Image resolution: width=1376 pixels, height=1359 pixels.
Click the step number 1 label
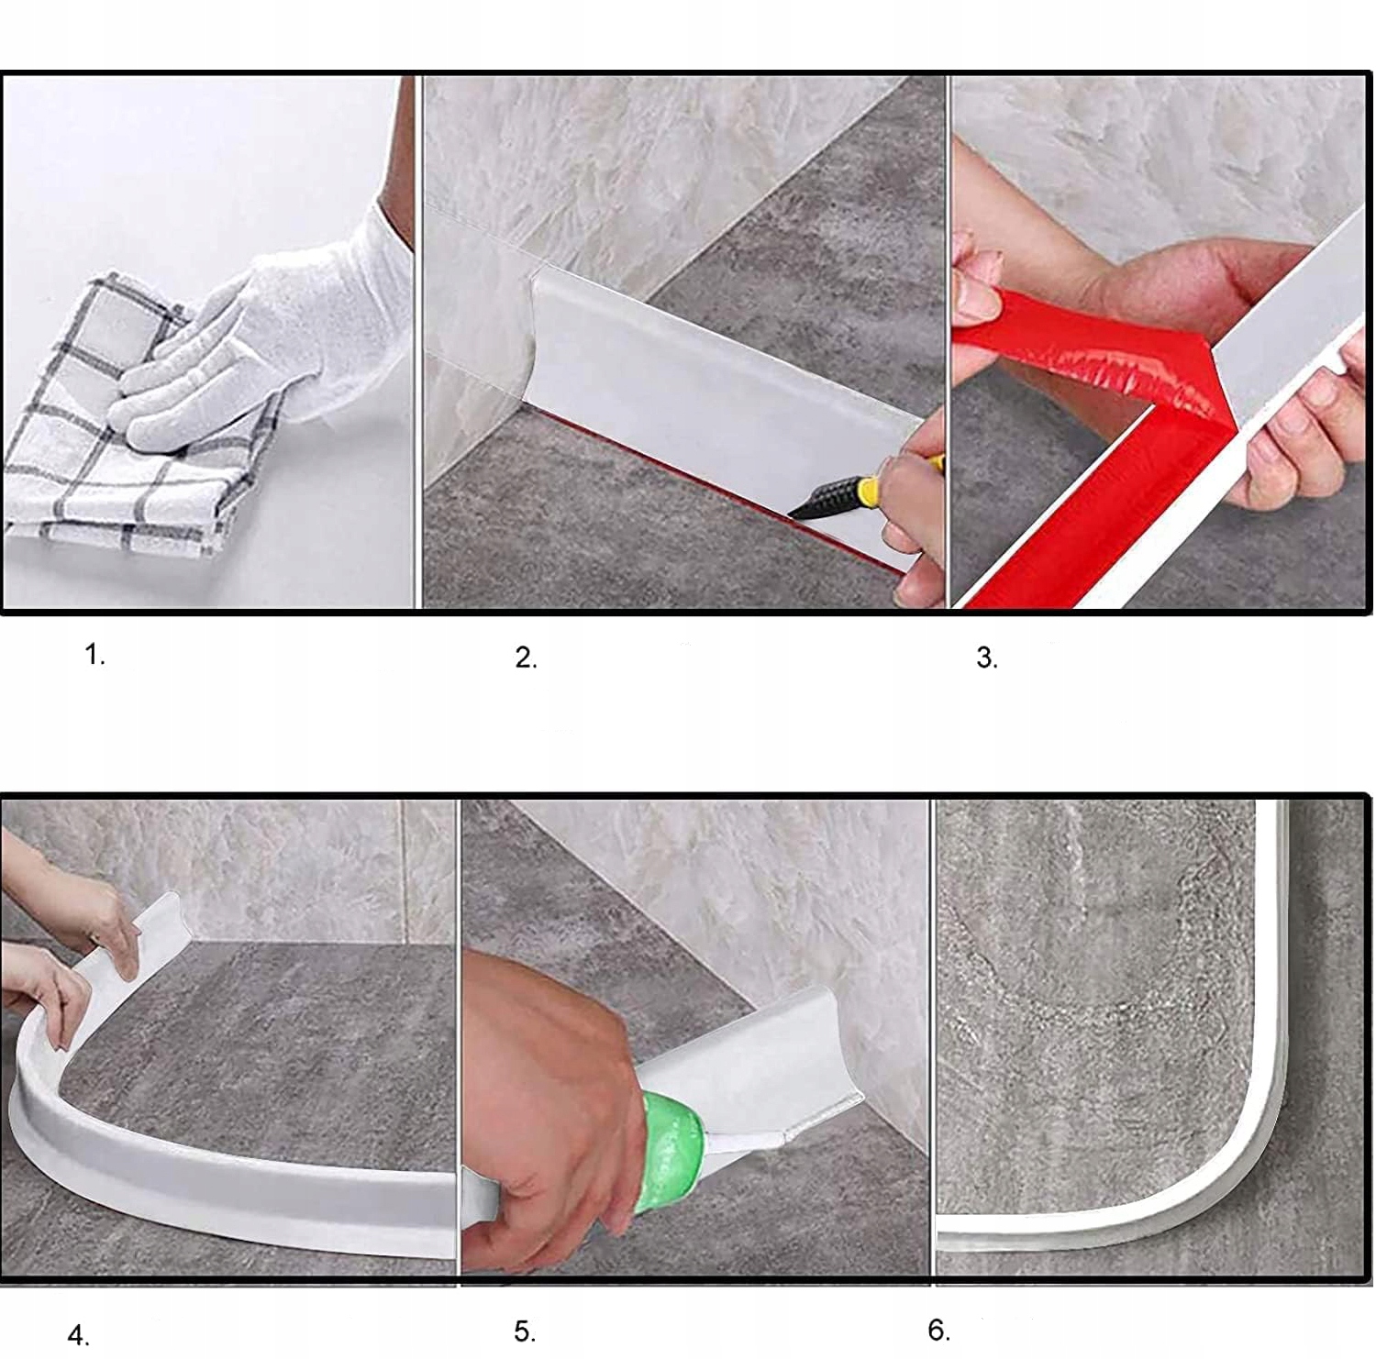(94, 655)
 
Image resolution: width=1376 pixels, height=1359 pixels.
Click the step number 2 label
(525, 657)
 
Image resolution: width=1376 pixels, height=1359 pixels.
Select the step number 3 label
(986, 657)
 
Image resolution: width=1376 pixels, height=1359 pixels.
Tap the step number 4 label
(79, 1334)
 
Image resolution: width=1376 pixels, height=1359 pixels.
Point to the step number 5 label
(524, 1331)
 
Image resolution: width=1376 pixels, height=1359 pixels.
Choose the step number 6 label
(938, 1329)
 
